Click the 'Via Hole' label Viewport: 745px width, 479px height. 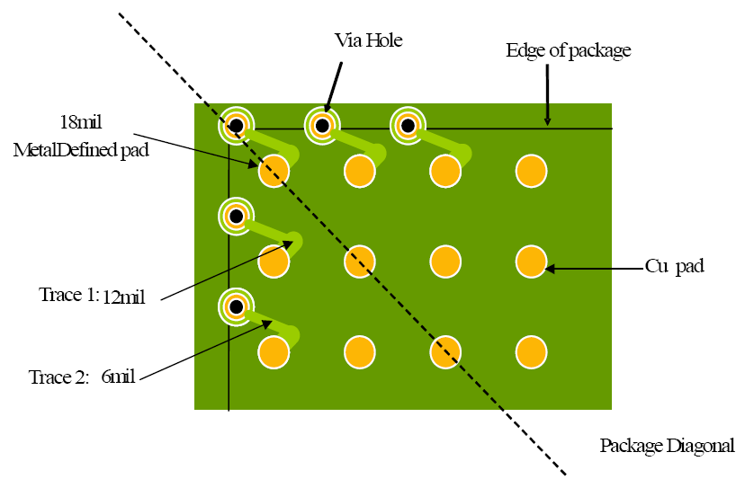tap(369, 40)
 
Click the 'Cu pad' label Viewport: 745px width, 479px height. tap(675, 266)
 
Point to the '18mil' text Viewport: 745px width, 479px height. tap(81, 122)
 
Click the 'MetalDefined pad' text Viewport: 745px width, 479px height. tap(81, 150)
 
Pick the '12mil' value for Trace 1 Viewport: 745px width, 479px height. tap(123, 297)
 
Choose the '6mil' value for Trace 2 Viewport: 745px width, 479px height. tap(118, 377)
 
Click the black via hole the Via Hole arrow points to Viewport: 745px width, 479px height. tap(322, 126)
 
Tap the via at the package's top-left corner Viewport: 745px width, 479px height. tap(236, 126)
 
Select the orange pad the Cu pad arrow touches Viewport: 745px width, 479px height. tap(531, 262)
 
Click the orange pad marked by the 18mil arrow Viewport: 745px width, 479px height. tap(274, 171)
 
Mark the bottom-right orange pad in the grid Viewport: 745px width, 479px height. tap(531, 352)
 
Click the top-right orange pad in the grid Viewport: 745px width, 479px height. tap(531, 171)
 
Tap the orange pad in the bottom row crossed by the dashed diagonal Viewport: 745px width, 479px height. tap(445, 352)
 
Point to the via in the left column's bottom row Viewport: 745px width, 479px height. tap(236, 306)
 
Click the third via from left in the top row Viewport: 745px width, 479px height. tap(408, 126)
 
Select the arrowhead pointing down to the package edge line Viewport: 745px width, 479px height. tap(547, 121)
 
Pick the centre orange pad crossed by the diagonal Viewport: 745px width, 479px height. tap(360, 262)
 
